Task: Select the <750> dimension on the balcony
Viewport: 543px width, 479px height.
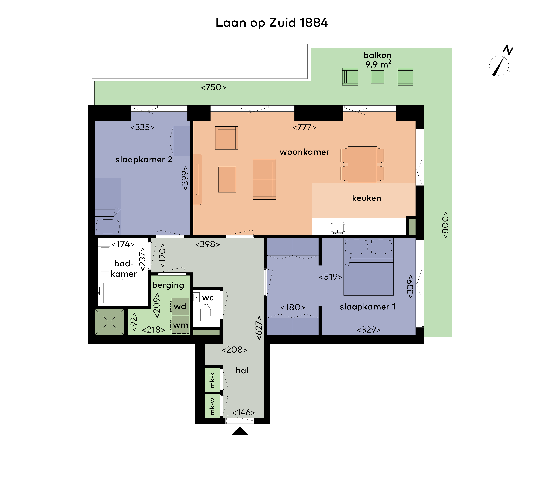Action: point(214,87)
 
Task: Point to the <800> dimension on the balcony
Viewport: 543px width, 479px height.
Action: point(445,225)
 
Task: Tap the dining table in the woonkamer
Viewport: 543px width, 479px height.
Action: point(362,164)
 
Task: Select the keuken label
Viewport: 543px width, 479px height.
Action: point(367,198)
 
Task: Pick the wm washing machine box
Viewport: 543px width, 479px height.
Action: point(180,325)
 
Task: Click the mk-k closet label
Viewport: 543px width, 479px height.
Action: point(212,380)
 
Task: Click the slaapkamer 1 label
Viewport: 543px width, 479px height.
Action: point(367,307)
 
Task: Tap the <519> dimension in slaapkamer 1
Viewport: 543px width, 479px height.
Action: point(330,277)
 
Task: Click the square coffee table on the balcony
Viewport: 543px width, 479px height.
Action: point(377,77)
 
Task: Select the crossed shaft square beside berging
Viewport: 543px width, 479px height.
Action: point(109,322)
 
